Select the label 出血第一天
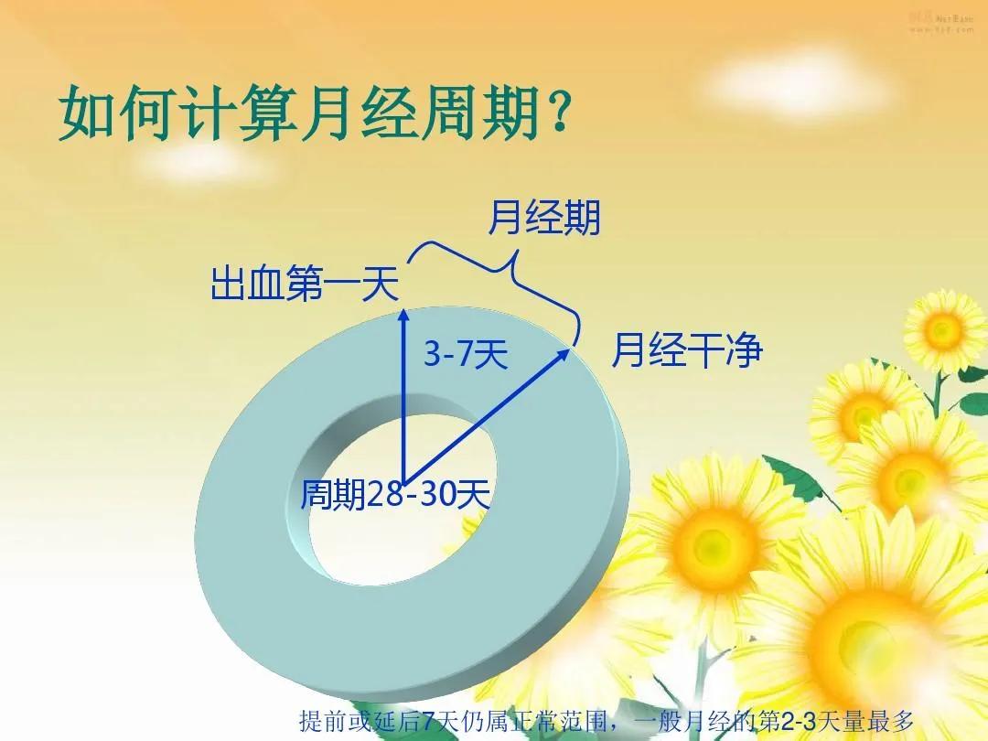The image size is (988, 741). click(x=305, y=284)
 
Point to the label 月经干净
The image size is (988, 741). click(x=686, y=350)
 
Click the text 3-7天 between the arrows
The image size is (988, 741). click(x=465, y=355)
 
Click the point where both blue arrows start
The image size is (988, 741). click(x=403, y=478)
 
